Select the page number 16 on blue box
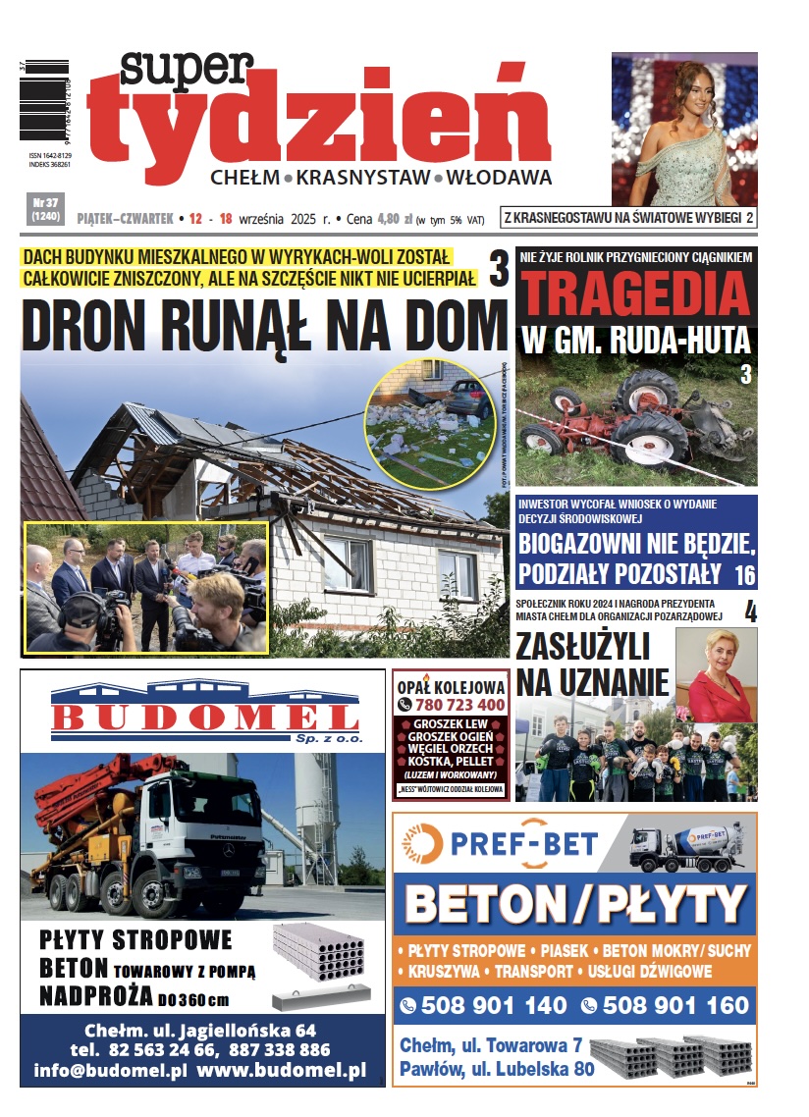pos(744,574)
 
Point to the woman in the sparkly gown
pos(677,137)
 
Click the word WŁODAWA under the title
pos(499,178)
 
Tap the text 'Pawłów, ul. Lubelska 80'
pos(497,1069)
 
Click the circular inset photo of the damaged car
pos(427,423)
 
